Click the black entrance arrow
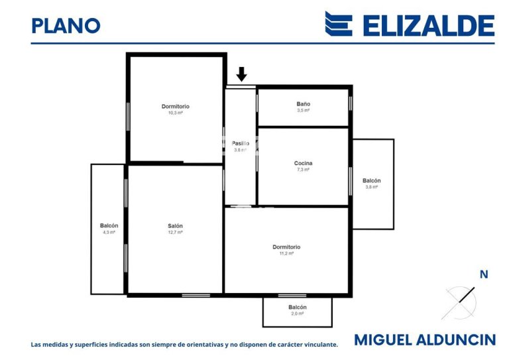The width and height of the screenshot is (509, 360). click(x=241, y=74)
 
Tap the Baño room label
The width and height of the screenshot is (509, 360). click(x=303, y=104)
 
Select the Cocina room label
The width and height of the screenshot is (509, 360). click(x=303, y=163)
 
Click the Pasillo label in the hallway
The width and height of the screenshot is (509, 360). click(x=240, y=143)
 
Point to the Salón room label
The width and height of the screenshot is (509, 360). click(x=175, y=226)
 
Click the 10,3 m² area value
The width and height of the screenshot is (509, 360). click(x=175, y=113)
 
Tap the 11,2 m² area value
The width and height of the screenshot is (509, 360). click(x=286, y=253)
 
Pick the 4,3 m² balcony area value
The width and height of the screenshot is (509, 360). click(x=109, y=233)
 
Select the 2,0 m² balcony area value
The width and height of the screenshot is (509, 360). click(x=297, y=314)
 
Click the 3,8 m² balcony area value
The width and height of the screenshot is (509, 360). click(x=371, y=187)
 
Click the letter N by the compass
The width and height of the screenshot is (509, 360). click(x=483, y=274)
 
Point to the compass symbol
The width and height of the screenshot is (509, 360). click(x=459, y=302)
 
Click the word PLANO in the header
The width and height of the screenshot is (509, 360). click(x=66, y=25)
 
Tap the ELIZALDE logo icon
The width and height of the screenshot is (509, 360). click(x=338, y=24)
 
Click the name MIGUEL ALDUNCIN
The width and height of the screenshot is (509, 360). click(x=424, y=340)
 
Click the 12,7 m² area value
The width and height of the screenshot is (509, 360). click(x=175, y=232)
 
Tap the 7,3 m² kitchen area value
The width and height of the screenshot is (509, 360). click(x=303, y=170)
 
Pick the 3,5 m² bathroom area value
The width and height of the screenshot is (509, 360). click(x=303, y=110)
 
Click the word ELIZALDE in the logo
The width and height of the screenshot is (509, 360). click(x=428, y=25)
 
